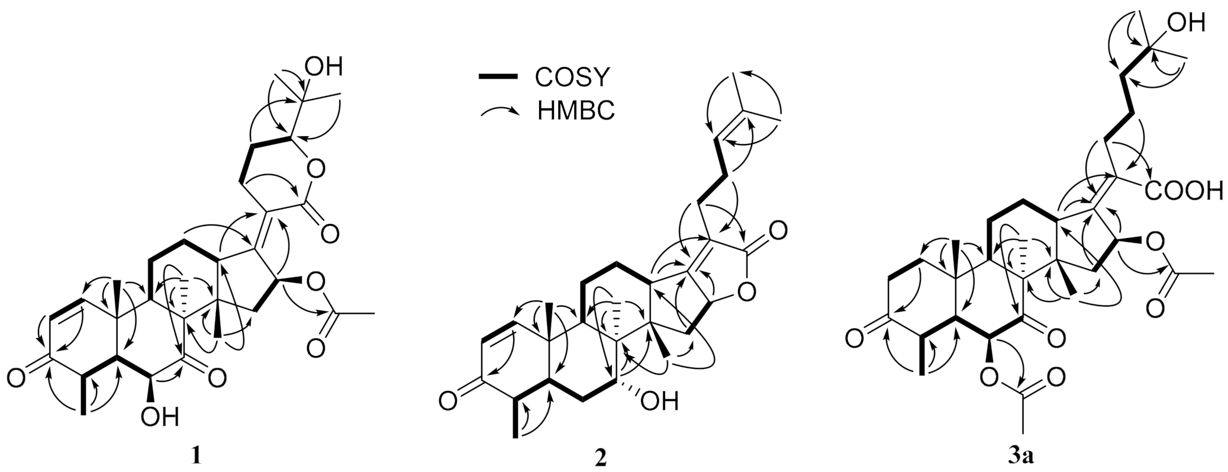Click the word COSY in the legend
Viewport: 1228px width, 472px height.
point(572,76)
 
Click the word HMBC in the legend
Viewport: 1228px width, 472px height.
point(576,111)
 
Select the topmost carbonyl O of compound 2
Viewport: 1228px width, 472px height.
point(778,229)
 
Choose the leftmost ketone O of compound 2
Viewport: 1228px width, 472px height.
point(447,403)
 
